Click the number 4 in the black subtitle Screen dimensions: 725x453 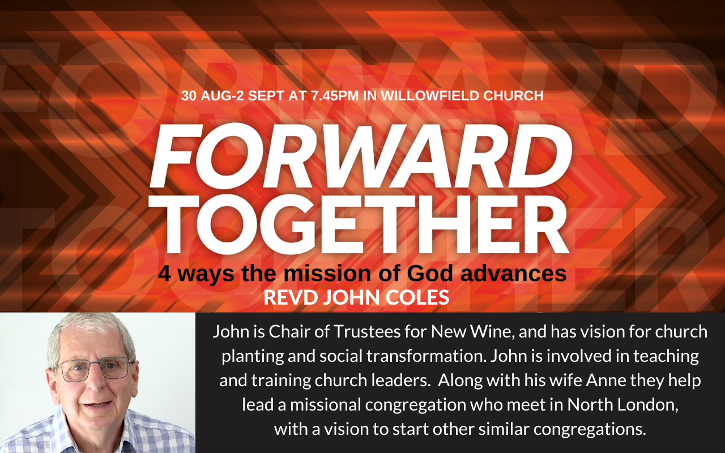[x=164, y=273]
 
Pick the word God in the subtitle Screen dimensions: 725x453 [x=430, y=273]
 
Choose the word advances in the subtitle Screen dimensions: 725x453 [x=514, y=273]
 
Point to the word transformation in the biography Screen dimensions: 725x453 [x=427, y=356]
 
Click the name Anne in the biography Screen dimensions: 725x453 [x=606, y=380]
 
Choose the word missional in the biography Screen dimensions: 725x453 [x=325, y=404]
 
